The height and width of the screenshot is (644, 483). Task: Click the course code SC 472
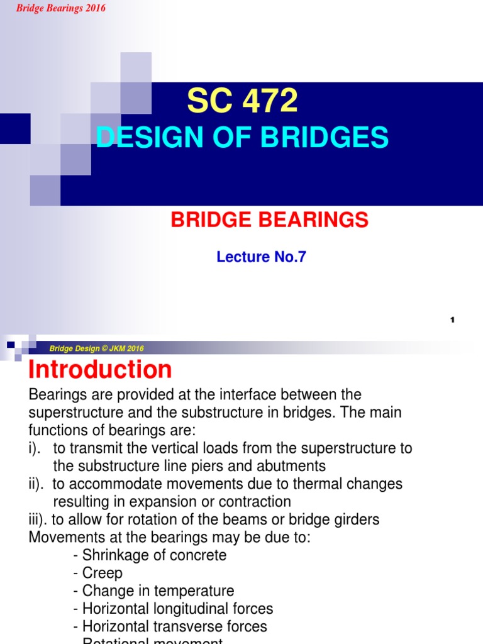(x=242, y=101)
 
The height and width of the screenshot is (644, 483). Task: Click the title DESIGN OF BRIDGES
(x=242, y=137)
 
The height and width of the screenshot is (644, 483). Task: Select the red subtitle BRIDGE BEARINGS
(x=270, y=219)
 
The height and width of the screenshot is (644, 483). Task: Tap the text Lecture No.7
(x=261, y=257)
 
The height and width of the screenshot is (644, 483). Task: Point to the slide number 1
(x=452, y=320)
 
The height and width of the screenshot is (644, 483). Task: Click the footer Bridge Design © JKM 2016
(x=97, y=348)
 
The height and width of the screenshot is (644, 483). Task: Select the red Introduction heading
(x=100, y=370)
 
